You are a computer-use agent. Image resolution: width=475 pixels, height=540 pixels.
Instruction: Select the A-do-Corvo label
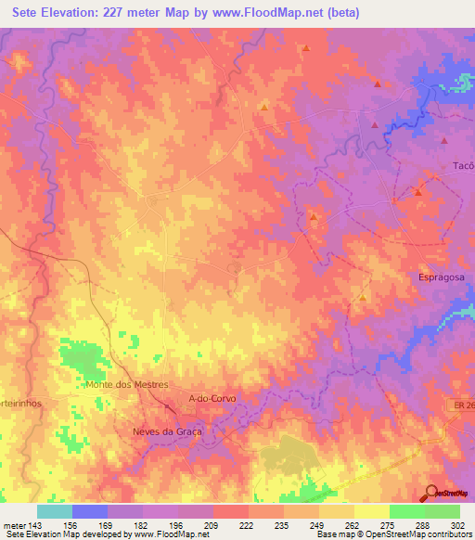point(212,398)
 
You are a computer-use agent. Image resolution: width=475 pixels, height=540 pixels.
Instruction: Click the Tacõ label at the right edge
point(463,165)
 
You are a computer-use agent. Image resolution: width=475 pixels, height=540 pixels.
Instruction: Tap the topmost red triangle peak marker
point(305,46)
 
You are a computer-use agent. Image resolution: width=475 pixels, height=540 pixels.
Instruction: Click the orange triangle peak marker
point(264,106)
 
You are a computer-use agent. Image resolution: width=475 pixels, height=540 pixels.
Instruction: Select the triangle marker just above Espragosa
point(418,192)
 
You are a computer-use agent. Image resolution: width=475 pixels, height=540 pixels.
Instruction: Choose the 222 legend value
point(246,524)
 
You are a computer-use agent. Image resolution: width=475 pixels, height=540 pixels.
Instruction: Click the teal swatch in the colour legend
point(55,511)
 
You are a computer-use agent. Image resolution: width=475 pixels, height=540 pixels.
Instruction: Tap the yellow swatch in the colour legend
point(371,511)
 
